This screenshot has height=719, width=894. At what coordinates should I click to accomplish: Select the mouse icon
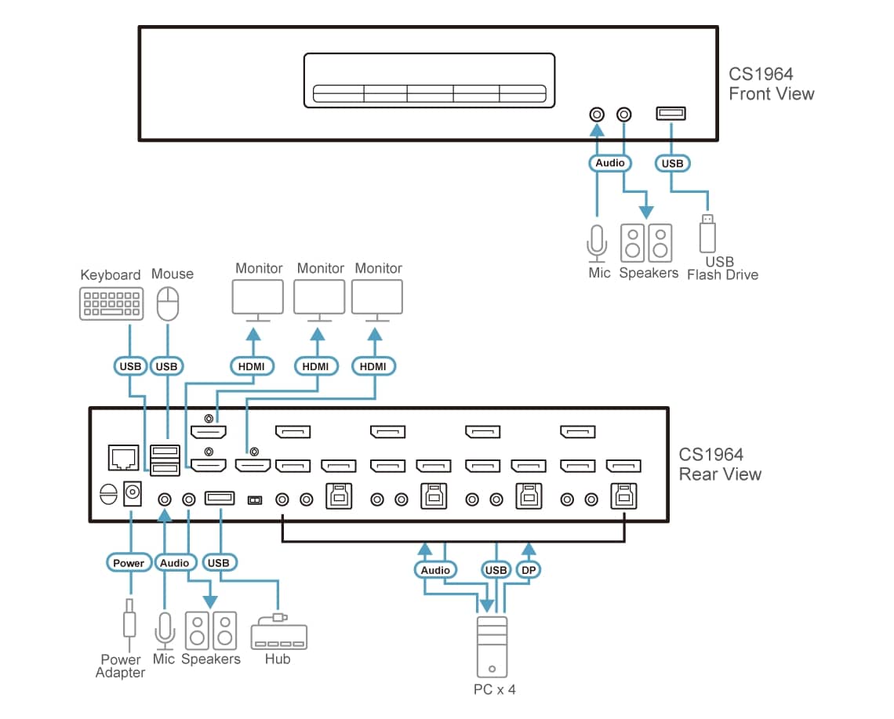(x=168, y=303)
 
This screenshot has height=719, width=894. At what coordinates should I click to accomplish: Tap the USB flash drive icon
(x=707, y=234)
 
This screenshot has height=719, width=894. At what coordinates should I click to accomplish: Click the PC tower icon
(x=492, y=647)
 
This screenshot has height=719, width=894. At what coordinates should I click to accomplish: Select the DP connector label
(x=528, y=570)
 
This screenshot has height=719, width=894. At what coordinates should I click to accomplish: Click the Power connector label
(x=129, y=563)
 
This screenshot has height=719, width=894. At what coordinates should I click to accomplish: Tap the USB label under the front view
(x=672, y=163)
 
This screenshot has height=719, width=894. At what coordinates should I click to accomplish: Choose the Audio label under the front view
(x=610, y=163)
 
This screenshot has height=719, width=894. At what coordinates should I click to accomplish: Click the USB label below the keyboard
(x=130, y=366)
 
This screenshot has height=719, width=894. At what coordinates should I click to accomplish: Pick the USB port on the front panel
(x=671, y=114)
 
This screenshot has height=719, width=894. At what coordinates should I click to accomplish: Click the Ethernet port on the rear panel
(x=122, y=456)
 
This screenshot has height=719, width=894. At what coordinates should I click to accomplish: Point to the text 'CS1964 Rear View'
(x=719, y=464)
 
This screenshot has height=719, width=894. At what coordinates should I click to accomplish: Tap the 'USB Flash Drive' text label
(x=721, y=268)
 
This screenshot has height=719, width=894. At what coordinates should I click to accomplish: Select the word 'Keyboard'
(x=111, y=274)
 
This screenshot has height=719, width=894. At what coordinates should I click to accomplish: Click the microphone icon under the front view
(x=597, y=243)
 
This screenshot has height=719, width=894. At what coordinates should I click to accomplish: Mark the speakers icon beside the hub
(x=211, y=630)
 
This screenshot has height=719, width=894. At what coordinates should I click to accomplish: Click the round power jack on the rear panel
(x=133, y=493)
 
